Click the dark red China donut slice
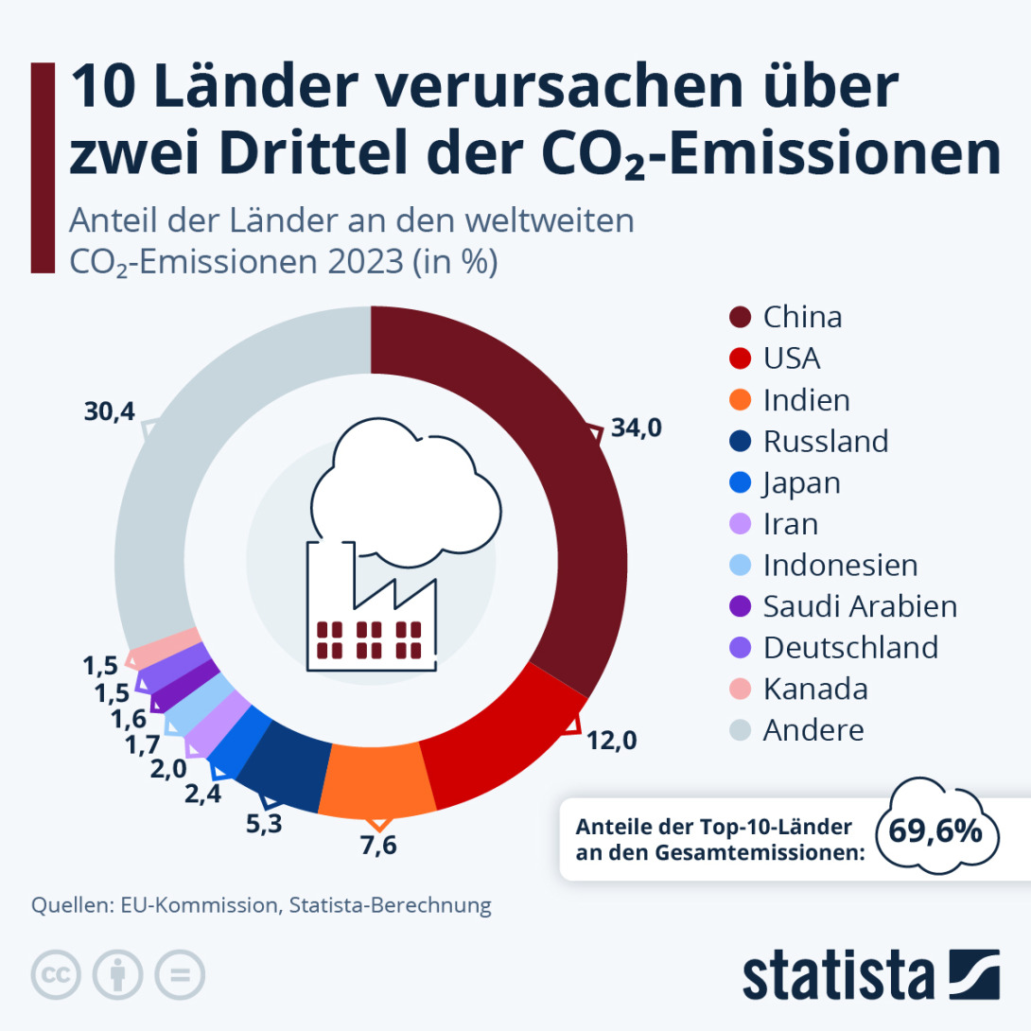tap(558, 492)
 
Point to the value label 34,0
tap(636, 428)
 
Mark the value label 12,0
tap(611, 740)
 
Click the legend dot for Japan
tap(741, 483)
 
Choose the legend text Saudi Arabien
tap(860, 605)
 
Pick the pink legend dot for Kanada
tap(741, 690)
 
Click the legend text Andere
tap(813, 730)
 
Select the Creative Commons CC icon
tap(56, 974)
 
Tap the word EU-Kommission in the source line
tap(199, 904)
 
